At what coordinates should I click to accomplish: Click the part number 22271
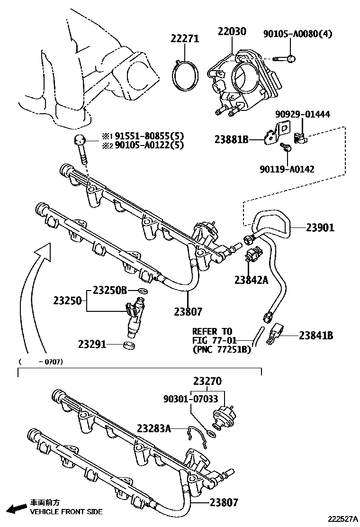[185, 39]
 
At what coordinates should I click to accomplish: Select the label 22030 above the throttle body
[232, 32]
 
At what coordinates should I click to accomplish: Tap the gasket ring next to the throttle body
[185, 73]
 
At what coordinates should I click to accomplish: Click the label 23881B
[231, 140]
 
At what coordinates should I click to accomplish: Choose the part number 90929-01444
[303, 114]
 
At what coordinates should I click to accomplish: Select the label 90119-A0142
[294, 168]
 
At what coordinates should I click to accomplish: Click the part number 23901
[320, 227]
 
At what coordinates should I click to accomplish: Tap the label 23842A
[251, 280]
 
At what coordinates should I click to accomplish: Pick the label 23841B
[316, 336]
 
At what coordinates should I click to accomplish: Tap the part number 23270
[207, 381]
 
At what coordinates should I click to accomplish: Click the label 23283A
[154, 428]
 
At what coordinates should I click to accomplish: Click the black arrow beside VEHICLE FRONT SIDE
[18, 509]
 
